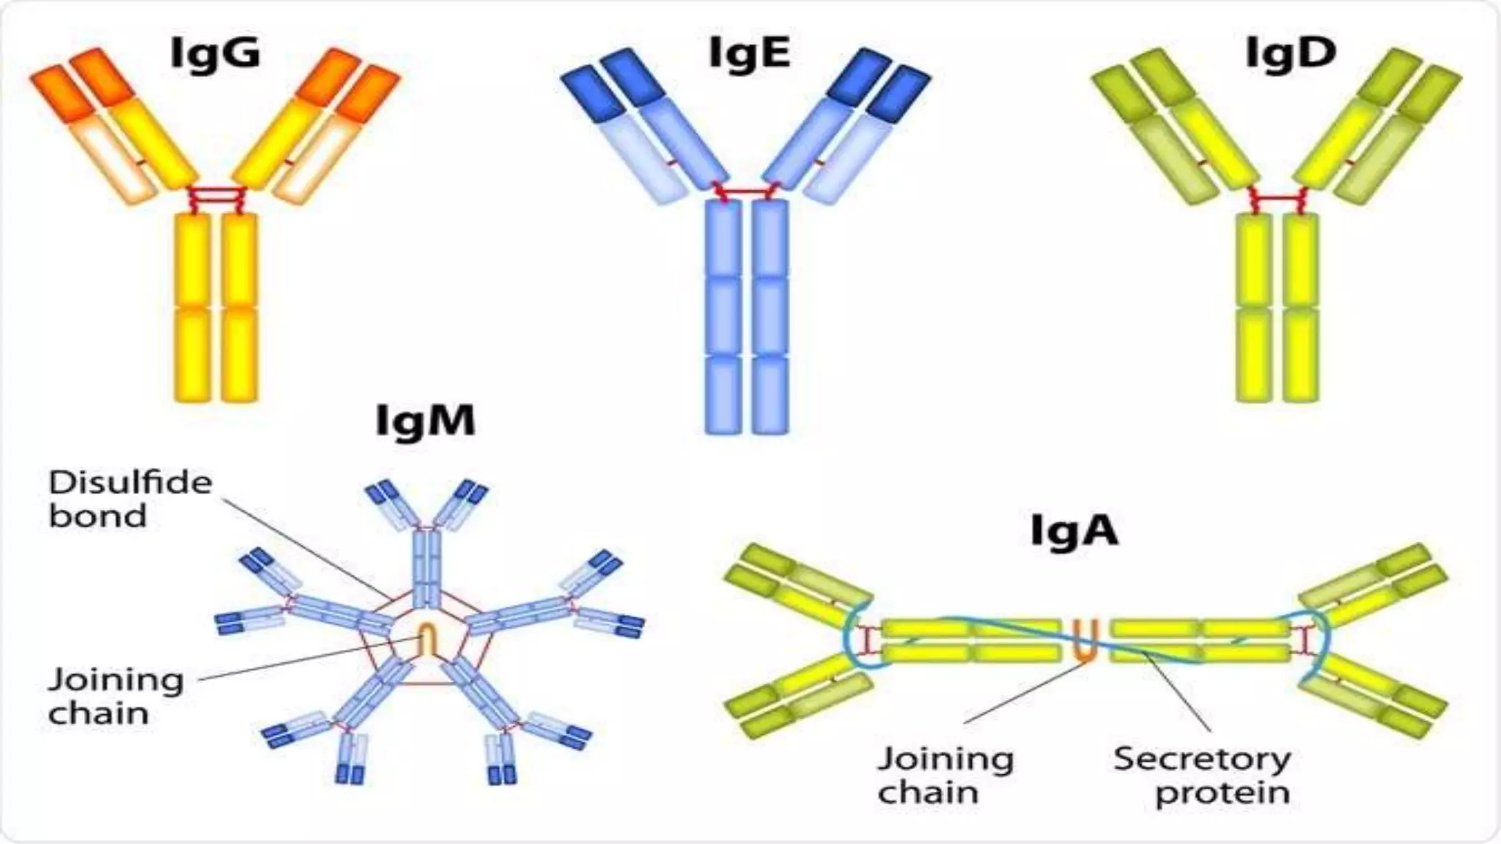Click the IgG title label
215,53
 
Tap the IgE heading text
749,53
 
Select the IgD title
1291,53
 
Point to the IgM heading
425,421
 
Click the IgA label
1074,531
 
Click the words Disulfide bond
130,499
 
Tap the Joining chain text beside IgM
115,696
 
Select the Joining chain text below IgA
945,775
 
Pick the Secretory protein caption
1202,775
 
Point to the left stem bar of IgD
1253,308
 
